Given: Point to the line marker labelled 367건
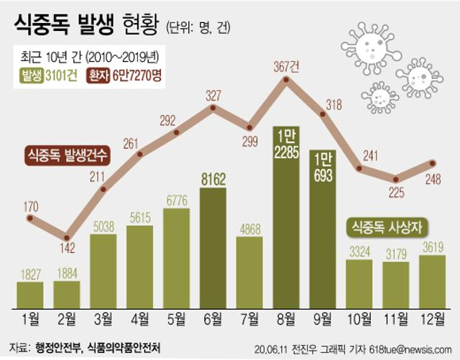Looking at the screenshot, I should (286, 80).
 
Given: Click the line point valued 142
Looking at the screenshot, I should (66, 236).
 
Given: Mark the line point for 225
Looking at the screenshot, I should (396, 179).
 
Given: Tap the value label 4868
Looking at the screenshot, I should (249, 229).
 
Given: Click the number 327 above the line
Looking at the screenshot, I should (213, 95).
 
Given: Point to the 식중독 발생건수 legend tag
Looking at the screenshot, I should (67, 154).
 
